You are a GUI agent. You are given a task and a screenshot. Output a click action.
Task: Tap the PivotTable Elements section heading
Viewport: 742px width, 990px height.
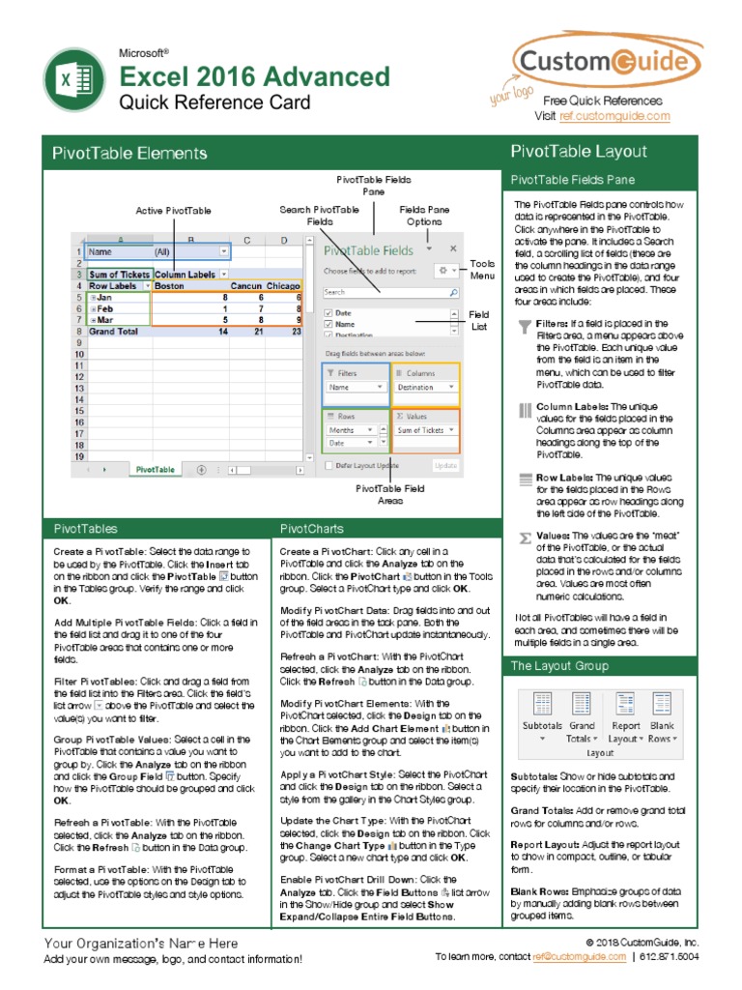pos(129,153)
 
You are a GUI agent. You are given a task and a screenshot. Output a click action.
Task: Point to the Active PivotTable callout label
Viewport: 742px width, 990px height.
pos(173,210)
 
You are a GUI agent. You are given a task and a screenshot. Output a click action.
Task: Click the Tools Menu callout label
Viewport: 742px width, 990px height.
pos(481,270)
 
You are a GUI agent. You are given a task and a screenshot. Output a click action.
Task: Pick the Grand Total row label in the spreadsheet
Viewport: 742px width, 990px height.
pos(116,331)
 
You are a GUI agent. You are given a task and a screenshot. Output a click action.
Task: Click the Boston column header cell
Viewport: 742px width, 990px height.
pos(170,286)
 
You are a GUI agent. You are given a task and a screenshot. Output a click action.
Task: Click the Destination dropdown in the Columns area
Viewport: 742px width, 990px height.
pos(425,387)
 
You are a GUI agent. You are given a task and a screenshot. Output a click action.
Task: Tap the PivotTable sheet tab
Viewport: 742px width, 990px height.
pos(156,469)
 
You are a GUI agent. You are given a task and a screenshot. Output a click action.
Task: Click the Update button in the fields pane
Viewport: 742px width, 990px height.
pos(445,465)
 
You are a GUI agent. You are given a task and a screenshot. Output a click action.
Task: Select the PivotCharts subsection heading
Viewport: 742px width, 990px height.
pos(306,529)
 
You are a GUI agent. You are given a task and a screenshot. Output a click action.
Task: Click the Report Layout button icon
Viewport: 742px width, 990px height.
pos(625,705)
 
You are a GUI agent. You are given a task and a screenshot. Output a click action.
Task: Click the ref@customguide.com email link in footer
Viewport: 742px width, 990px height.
pos(579,957)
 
